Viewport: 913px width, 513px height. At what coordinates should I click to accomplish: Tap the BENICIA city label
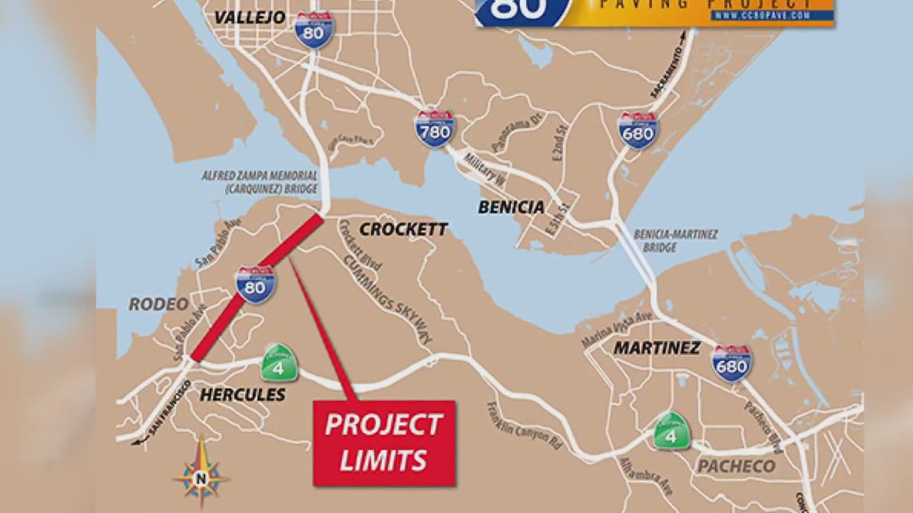pyautogui.click(x=511, y=207)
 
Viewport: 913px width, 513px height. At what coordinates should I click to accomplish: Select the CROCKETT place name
pyautogui.click(x=403, y=230)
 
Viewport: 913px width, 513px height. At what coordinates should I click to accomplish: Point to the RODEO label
pyautogui.click(x=159, y=304)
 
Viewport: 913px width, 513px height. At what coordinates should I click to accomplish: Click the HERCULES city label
pyautogui.click(x=242, y=395)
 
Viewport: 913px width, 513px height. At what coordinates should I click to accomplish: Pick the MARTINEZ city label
pyautogui.click(x=657, y=348)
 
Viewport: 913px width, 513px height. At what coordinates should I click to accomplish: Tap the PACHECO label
pyautogui.click(x=736, y=466)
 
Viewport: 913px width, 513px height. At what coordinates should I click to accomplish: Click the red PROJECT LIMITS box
pyautogui.click(x=384, y=443)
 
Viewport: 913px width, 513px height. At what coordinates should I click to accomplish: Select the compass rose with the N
pyautogui.click(x=201, y=475)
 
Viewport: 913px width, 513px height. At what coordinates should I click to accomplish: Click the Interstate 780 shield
pyautogui.click(x=434, y=129)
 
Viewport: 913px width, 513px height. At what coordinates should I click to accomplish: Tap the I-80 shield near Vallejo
pyautogui.click(x=313, y=30)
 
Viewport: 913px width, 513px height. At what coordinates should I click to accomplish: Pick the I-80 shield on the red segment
pyautogui.click(x=255, y=284)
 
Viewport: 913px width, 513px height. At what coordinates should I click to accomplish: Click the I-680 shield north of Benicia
pyautogui.click(x=638, y=130)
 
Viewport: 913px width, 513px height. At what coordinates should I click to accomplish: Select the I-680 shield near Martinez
pyautogui.click(x=732, y=363)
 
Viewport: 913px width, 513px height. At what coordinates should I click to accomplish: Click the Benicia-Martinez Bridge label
pyautogui.click(x=675, y=241)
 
